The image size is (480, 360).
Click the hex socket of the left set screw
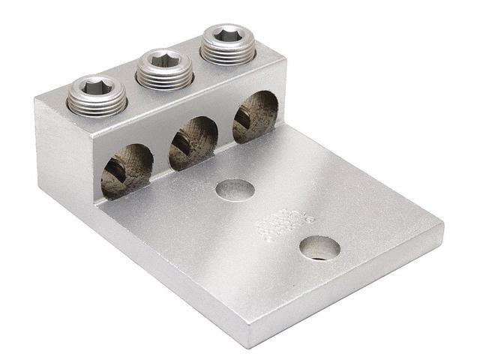(96, 89)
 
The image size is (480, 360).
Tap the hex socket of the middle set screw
(163, 59)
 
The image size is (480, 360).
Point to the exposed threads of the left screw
(97, 104)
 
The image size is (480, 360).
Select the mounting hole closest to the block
(233, 190)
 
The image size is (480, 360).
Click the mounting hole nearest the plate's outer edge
(319, 247)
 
